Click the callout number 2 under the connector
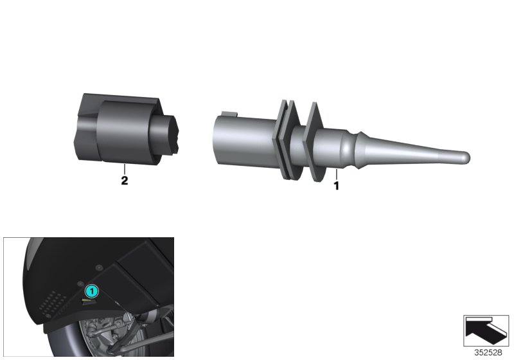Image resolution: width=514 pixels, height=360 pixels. click(x=125, y=181)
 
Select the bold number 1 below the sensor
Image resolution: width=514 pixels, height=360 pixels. click(x=335, y=186)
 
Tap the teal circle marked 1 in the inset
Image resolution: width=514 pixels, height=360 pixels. click(x=92, y=291)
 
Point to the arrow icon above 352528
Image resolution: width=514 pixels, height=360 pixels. click(x=487, y=330)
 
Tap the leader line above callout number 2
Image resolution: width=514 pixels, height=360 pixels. click(x=125, y=168)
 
